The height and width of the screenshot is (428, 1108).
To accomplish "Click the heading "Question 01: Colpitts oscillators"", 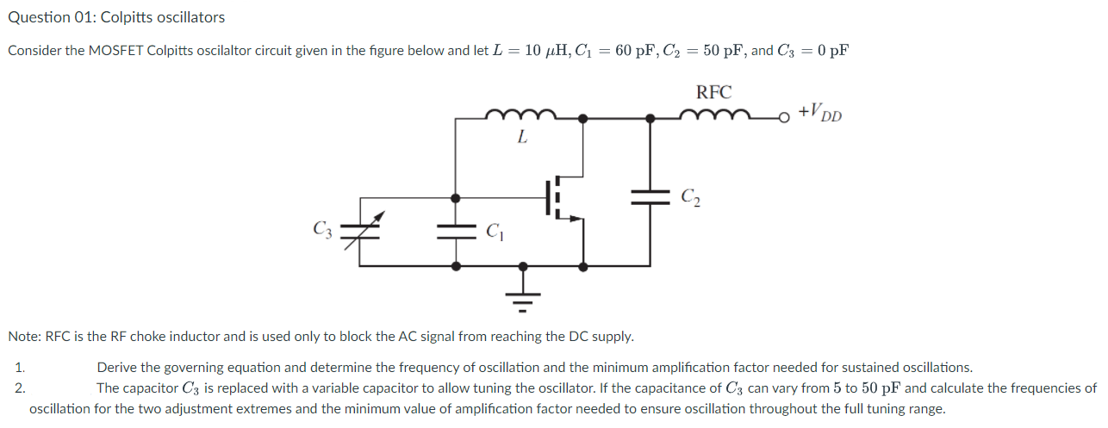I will coord(116,17).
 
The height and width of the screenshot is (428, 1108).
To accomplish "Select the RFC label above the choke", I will coord(713,93).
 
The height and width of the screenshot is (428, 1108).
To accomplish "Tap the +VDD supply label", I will coord(819,112).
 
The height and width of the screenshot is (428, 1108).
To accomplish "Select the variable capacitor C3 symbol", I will coord(359,230).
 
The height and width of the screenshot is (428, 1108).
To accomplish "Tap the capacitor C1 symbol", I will coord(457,230).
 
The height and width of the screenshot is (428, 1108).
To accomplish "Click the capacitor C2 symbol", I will coord(650,196).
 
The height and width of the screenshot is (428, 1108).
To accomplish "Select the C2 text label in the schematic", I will coord(690,197).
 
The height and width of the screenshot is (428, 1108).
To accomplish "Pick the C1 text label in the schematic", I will coord(495,230).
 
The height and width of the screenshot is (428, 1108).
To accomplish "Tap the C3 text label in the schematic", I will coord(321,229).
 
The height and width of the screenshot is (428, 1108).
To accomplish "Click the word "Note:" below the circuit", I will coord(24,336).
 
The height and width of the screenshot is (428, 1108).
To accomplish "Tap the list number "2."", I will coord(21,388).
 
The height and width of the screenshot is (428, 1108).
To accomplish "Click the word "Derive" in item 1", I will coord(117,367).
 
